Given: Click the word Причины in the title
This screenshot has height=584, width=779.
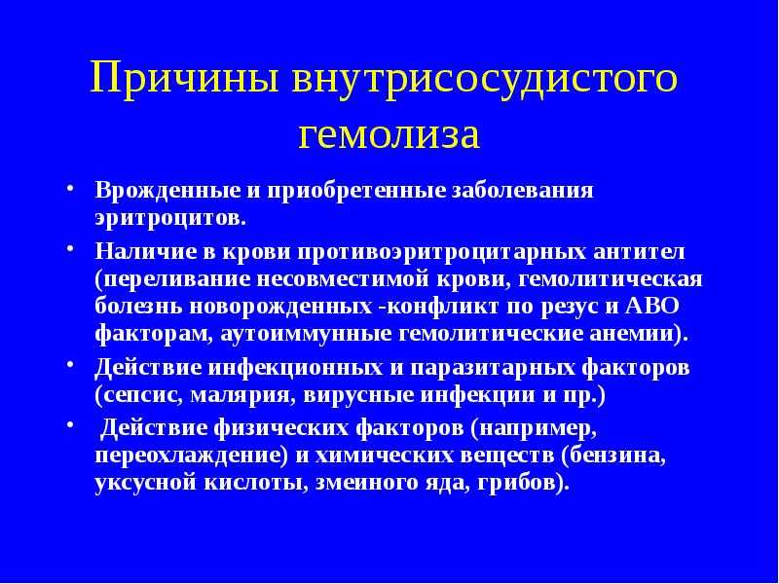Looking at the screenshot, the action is coord(184,79).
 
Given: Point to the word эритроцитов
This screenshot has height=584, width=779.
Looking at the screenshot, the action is coord(170,218).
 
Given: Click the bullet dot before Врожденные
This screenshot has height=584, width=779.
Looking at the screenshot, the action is coord(70,189).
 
